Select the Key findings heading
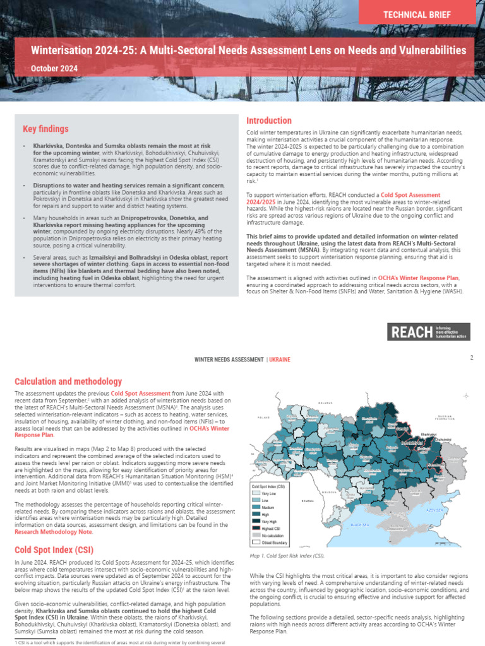(45, 129)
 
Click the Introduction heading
(268, 120)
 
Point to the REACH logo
(430, 332)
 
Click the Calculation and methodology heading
(68, 382)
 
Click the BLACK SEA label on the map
(359, 524)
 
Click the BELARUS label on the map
(325, 401)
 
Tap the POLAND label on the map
(263, 417)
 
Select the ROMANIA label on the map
(307, 500)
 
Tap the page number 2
(471, 358)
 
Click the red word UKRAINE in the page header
(280, 360)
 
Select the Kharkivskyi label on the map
(429, 434)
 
